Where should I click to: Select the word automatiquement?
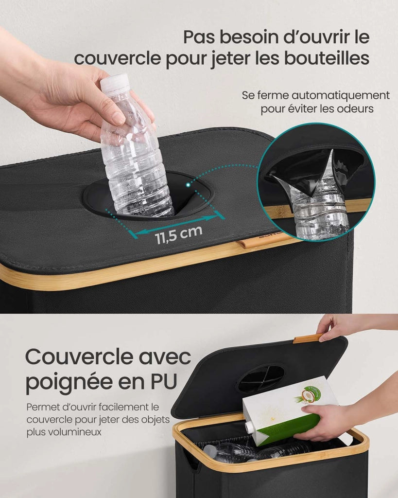(341, 96)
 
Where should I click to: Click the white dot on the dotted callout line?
(188, 184)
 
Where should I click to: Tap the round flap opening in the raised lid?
(261, 378)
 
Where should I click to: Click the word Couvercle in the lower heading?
(79, 357)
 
